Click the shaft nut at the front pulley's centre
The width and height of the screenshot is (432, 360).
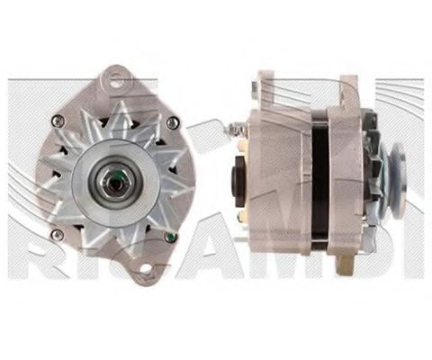[112, 179]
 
